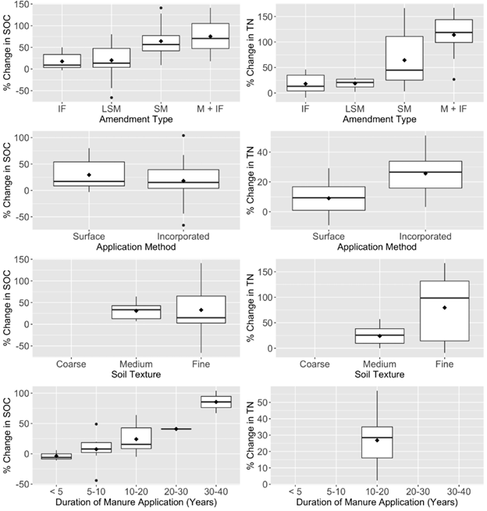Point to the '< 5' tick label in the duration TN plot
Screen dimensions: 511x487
click(292, 491)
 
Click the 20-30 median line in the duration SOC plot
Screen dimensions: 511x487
click(176, 429)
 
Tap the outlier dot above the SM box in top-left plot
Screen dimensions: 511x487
click(161, 9)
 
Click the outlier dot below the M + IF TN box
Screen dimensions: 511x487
click(454, 79)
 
